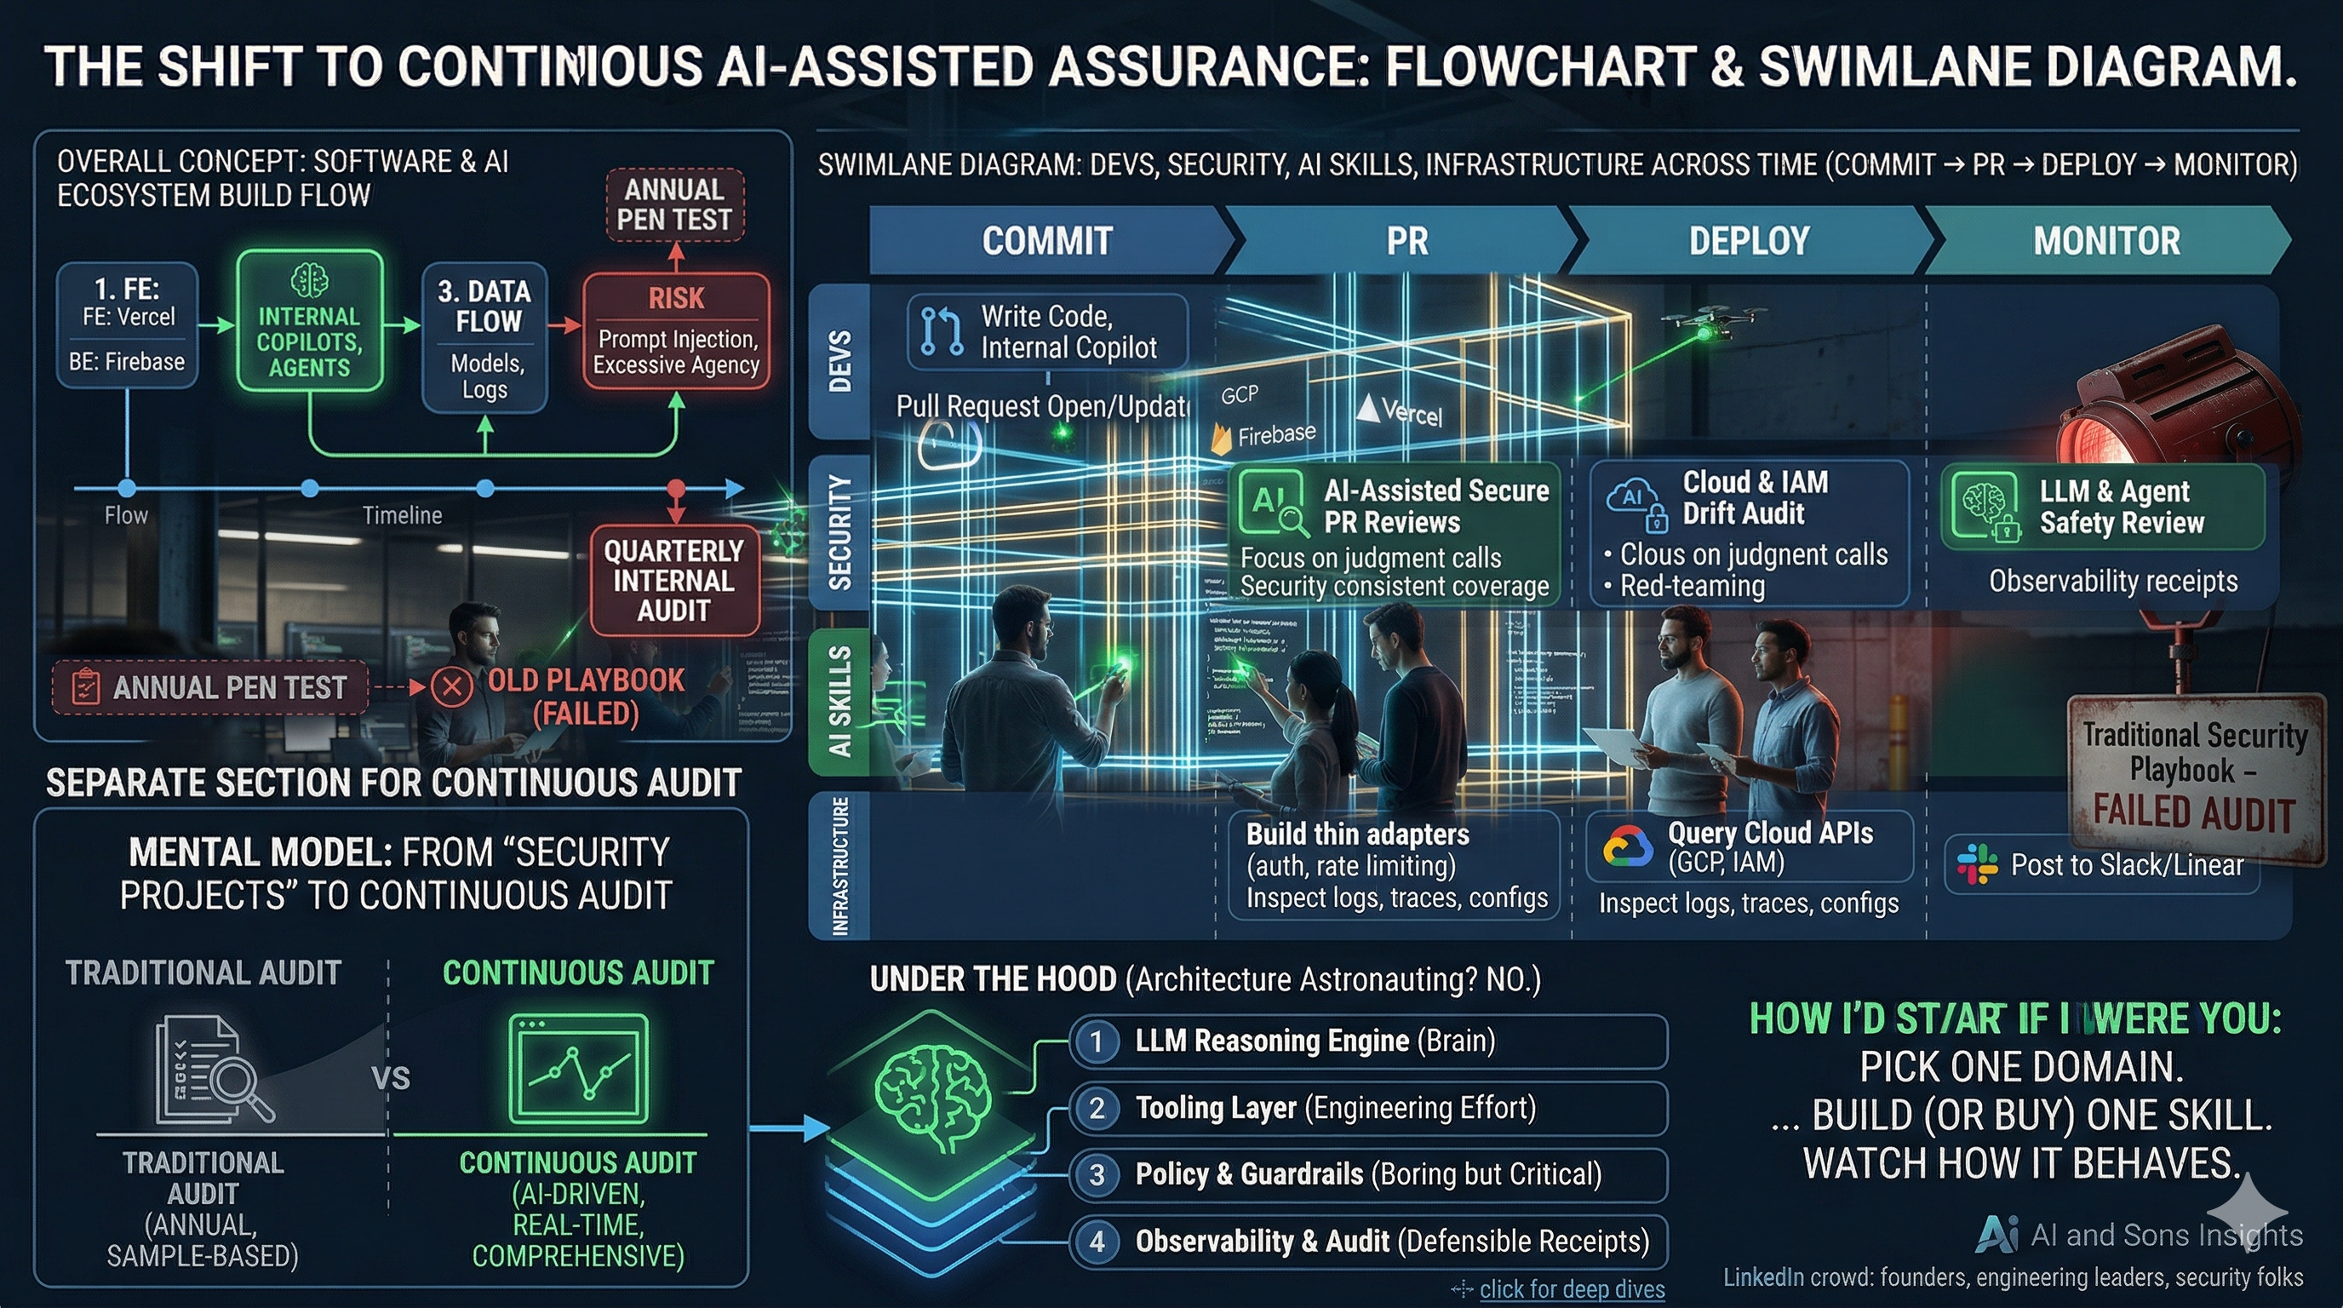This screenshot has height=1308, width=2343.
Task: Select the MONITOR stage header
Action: point(2105,241)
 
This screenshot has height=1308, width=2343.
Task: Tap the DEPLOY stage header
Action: point(1748,241)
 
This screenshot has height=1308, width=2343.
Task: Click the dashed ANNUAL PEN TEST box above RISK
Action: point(674,204)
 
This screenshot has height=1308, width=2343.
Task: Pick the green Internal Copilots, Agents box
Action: point(309,321)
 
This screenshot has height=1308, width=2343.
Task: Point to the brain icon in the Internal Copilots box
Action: point(309,280)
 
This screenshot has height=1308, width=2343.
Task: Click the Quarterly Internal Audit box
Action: point(673,580)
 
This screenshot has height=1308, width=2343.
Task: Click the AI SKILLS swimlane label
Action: point(839,700)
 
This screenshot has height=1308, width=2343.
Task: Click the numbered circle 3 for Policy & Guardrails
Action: point(1097,1174)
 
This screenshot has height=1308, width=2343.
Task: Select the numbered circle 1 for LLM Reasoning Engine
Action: point(1097,1041)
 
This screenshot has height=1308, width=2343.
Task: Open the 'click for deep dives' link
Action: point(1571,1289)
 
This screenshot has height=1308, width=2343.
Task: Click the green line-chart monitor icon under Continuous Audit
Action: point(578,1070)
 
